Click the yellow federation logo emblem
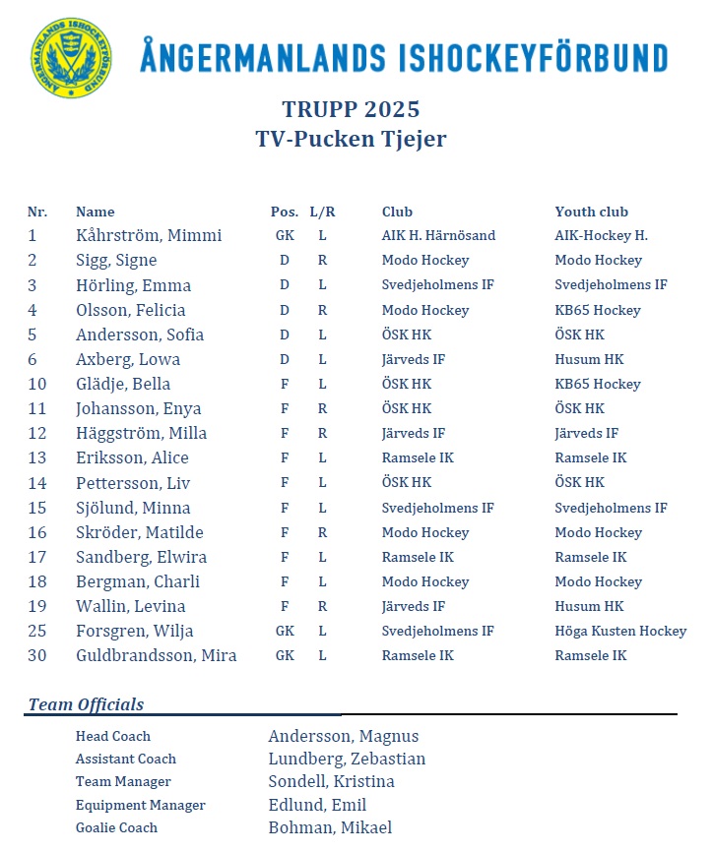pos(71,58)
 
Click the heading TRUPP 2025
pos(351,109)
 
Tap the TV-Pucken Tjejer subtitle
pos(351,139)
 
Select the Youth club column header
pos(591,212)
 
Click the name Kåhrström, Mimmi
pos(149,236)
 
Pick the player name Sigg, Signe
pos(116,261)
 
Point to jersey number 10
pos(37,384)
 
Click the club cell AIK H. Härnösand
pos(438,236)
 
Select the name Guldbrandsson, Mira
pos(156,655)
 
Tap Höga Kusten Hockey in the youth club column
pos(620,631)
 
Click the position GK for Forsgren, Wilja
pos(285,631)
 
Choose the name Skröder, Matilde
pos(140,532)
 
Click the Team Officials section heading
pos(86,704)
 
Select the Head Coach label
pos(113,736)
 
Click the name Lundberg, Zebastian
pos(347,759)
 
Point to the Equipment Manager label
pos(141,805)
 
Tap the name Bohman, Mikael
pos(330,827)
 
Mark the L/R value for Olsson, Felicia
pos(322,310)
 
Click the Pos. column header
pos(285,212)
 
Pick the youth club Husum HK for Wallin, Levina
pos(589,606)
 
